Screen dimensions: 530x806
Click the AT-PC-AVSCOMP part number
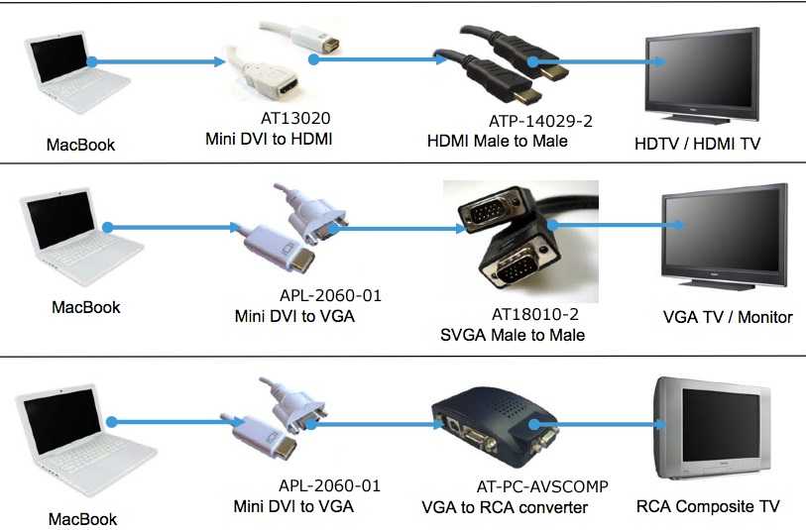pos(542,486)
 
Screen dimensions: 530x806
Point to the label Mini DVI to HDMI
pos(268,138)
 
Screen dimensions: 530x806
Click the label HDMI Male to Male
pos(497,141)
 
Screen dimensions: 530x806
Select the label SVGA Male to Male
pos(513,335)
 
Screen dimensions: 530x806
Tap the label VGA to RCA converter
pos(505,507)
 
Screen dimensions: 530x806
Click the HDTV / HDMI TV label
pos(697,145)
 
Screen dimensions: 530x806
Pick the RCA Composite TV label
pos(708,506)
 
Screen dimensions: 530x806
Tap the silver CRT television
pos(714,430)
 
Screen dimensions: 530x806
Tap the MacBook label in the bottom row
pos(83,518)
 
